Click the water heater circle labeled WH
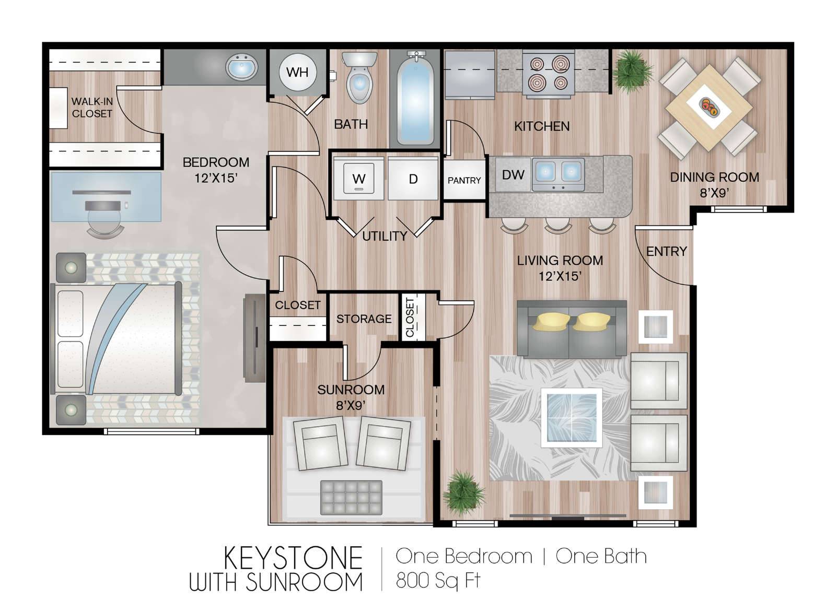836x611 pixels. point(298,72)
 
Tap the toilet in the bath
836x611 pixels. point(359,78)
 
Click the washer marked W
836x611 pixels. point(358,179)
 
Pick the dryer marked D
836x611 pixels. point(413,179)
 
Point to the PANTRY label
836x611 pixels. point(465,181)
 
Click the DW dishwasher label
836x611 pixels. point(513,174)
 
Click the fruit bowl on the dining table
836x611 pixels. point(708,107)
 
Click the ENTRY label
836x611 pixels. point(667,252)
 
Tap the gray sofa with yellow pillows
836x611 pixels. point(572,328)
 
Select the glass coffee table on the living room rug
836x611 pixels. point(572,418)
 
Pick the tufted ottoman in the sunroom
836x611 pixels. point(351,498)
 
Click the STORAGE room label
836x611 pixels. point(364,319)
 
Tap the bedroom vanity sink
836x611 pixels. point(241,67)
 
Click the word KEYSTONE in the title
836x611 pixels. point(293,558)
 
